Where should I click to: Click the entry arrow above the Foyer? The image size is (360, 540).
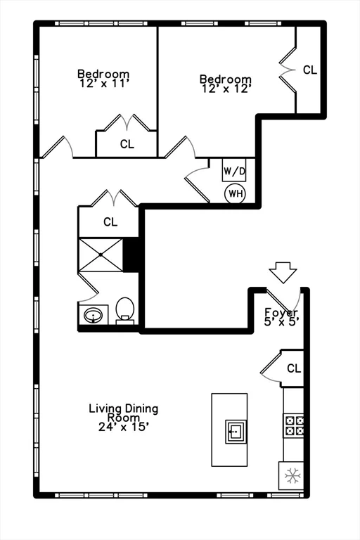point(283,271)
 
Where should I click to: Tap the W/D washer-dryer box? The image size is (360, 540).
point(233,170)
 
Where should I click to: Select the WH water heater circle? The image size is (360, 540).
point(234,193)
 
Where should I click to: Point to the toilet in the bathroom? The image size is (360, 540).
point(125,310)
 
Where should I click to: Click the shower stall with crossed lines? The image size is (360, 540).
point(101,255)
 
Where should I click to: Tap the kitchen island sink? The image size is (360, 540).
point(236,431)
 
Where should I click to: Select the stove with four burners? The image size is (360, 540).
point(293,424)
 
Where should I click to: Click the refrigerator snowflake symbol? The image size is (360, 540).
point(291,477)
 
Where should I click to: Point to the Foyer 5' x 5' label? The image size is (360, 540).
point(281,316)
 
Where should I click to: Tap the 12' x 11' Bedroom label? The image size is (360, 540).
point(103,77)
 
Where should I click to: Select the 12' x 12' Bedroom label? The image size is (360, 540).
point(225,84)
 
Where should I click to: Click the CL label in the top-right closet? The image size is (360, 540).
point(309,70)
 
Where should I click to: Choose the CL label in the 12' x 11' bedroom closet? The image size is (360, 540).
point(127,145)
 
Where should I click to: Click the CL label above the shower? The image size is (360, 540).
point(110,222)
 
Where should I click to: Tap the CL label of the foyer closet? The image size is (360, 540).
point(293,368)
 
